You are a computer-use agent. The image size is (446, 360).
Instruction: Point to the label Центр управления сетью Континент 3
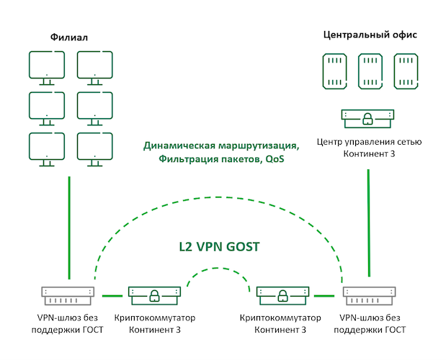(368, 147)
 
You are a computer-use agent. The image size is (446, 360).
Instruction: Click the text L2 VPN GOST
(219, 247)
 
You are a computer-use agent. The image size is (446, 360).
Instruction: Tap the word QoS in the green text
(274, 158)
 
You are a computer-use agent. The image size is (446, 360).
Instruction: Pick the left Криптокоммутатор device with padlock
(155, 294)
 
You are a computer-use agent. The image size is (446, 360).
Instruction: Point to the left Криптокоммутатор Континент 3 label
(155, 323)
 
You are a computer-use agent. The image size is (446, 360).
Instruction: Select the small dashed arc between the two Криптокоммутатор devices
(219, 271)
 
